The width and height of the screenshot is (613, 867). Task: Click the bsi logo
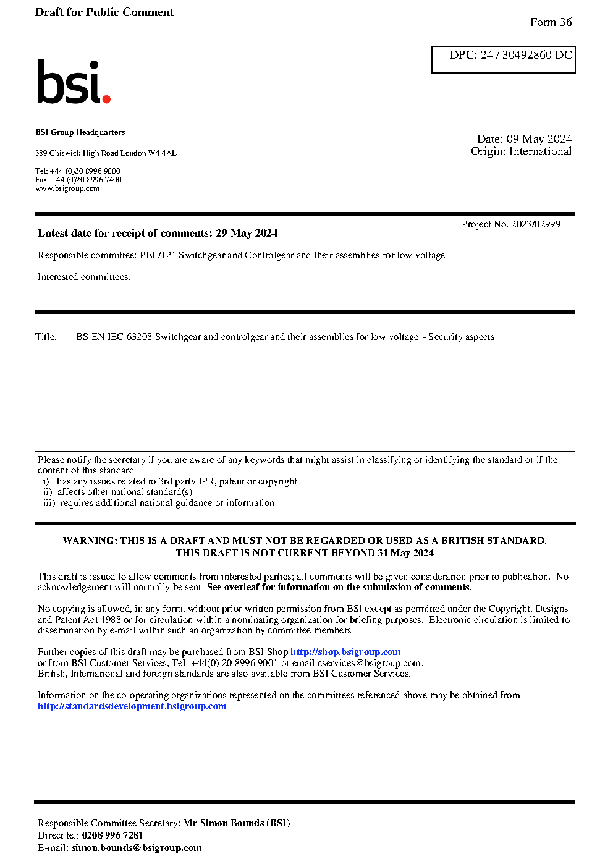coord(73,82)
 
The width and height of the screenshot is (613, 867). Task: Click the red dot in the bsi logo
coord(106,98)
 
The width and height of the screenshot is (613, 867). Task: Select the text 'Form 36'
coord(551,22)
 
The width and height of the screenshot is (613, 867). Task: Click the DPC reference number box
coord(503,59)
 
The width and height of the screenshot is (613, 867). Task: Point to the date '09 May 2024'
coord(539,139)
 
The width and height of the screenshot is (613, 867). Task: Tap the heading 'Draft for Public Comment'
coord(104,12)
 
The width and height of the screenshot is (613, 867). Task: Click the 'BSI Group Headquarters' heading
coord(80,132)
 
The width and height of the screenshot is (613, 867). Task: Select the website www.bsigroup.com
coord(67,188)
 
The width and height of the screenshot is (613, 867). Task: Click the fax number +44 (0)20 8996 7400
coord(87,180)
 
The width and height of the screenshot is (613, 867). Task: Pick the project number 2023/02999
coord(536,224)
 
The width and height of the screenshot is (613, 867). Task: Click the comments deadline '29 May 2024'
coord(247,234)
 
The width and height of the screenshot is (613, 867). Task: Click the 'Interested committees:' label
coord(84,277)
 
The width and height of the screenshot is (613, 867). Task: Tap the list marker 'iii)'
coord(49,503)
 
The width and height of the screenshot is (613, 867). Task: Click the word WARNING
coord(90,541)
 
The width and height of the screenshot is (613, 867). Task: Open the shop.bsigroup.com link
coord(345,652)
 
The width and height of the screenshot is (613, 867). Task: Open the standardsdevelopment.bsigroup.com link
coord(132,706)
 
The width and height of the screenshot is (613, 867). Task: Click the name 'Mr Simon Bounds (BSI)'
coord(236,823)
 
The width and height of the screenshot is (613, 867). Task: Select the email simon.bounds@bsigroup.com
coord(136,848)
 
